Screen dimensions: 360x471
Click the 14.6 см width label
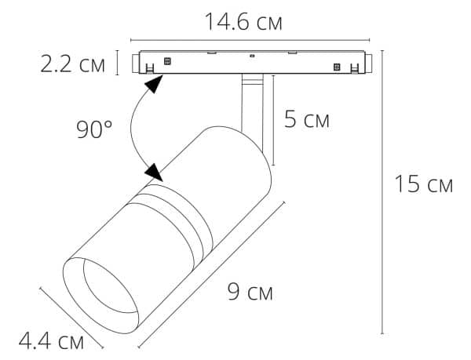pyautogui.click(x=244, y=21)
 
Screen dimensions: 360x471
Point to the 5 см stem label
pyautogui.click(x=307, y=120)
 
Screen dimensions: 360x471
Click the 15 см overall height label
pyautogui.click(x=423, y=185)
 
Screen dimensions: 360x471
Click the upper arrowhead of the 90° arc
pyautogui.click(x=157, y=82)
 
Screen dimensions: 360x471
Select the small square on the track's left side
pyautogui.click(x=166, y=60)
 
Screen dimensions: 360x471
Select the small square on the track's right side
pyautogui.click(x=337, y=66)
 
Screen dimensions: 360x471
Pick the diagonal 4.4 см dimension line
pyautogui.click(x=71, y=318)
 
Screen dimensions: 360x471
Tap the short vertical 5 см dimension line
pyautogui.click(x=273, y=121)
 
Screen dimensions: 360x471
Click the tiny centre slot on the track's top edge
pyautogui.click(x=250, y=56)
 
